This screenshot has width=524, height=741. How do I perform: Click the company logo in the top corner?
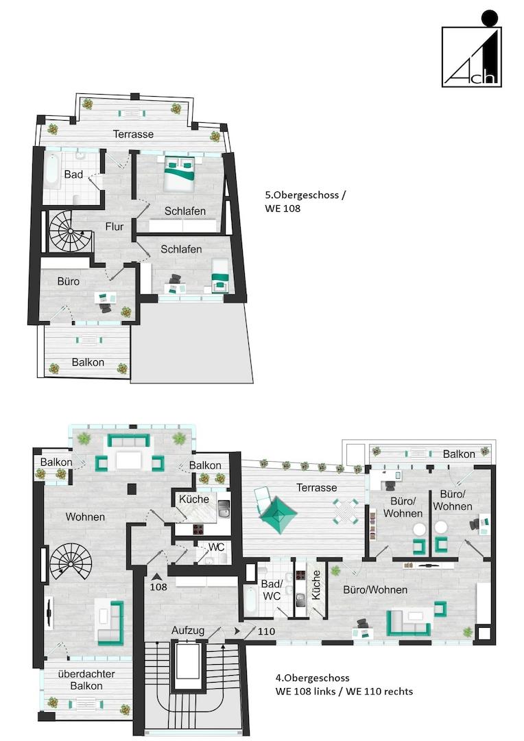click(x=472, y=49)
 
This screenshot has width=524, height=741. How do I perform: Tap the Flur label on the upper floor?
click(x=115, y=227)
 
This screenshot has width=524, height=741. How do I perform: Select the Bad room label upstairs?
click(x=73, y=174)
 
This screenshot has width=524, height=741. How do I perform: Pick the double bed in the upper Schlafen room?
click(x=179, y=174)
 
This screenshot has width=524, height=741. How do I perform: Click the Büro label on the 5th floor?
click(x=69, y=282)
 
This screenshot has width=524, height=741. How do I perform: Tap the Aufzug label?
click(x=188, y=631)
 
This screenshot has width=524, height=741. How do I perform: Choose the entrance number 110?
click(x=267, y=631)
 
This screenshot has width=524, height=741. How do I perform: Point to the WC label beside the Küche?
click(x=217, y=548)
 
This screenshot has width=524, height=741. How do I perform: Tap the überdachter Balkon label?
click(x=86, y=680)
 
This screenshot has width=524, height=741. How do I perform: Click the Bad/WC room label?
click(x=272, y=590)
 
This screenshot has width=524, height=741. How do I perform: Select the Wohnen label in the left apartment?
click(x=85, y=517)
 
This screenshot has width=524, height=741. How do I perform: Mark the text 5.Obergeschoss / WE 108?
click(x=305, y=202)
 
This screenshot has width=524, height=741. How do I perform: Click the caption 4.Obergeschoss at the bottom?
click(x=312, y=678)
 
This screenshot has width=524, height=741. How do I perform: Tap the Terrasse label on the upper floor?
click(x=133, y=134)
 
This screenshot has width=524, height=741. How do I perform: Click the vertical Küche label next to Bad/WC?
click(x=317, y=585)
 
